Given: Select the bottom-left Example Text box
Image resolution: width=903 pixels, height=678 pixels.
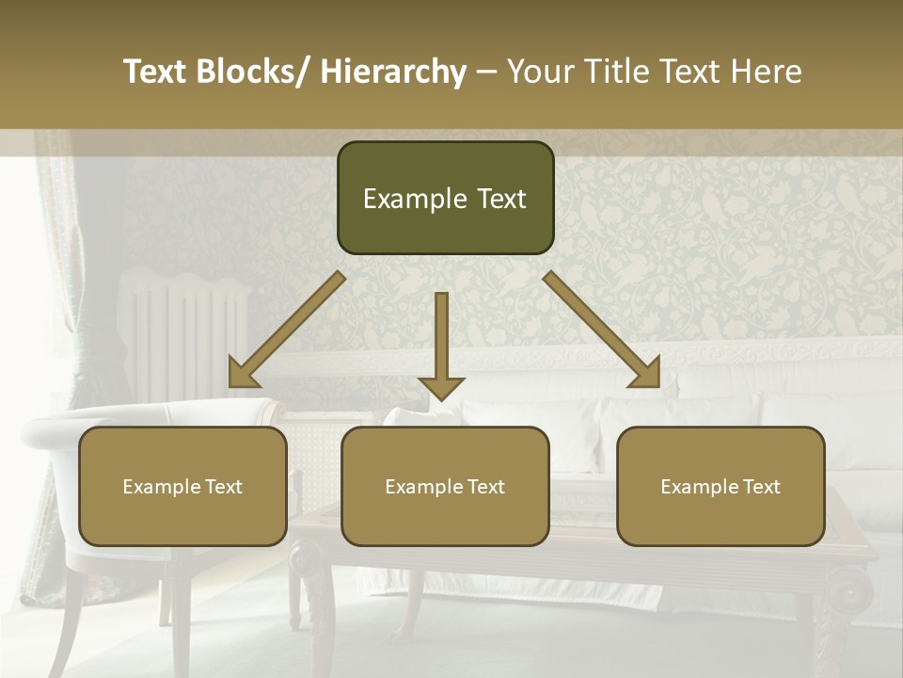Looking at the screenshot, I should coord(182,487).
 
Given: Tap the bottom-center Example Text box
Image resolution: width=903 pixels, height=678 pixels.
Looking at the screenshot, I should coord(445,487).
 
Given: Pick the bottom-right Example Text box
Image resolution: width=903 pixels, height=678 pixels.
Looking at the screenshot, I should coord(721,487).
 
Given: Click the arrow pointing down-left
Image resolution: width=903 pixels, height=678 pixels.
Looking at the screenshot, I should coord(287,330).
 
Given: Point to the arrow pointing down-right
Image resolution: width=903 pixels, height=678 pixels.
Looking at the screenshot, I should coord(602,330).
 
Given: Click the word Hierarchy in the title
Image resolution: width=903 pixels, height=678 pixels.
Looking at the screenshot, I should coord(393,72).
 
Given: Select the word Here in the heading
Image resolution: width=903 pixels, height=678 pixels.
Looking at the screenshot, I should coord(764,72).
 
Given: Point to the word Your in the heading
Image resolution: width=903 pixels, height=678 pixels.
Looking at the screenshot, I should coord(540,72).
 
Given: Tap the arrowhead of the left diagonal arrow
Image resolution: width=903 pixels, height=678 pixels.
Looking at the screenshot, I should coord(242,375).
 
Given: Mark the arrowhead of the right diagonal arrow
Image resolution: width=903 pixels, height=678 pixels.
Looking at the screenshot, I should coord(647,375).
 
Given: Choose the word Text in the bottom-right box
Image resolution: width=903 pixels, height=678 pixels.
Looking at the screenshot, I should coord(760,487).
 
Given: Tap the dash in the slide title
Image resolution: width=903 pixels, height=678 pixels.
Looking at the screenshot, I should coord(486,72).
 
